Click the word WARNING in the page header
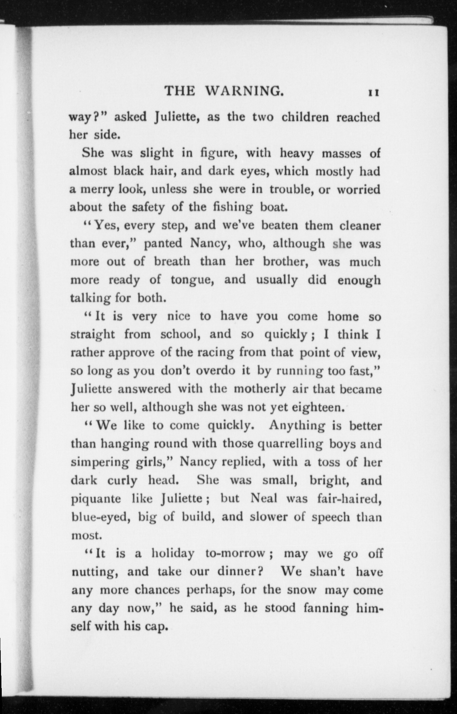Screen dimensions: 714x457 (x=244, y=91)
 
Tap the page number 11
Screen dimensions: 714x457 (x=374, y=93)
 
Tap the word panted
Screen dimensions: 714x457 (x=163, y=244)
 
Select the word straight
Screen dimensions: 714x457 (x=92, y=335)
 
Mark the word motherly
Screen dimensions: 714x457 (x=260, y=389)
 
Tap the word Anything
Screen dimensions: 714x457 (x=297, y=425)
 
